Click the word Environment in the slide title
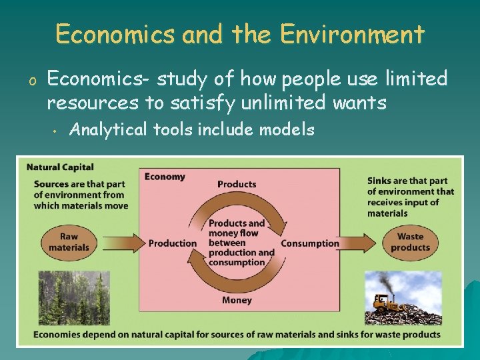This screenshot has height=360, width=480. pyautogui.click(x=351, y=34)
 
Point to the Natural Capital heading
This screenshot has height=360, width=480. pyautogui.click(x=60, y=167)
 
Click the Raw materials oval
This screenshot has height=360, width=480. pyautogui.click(x=69, y=242)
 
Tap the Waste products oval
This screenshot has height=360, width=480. pyautogui.click(x=410, y=242)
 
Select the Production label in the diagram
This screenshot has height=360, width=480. pyautogui.click(x=173, y=243)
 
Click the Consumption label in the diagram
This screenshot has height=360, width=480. pyautogui.click(x=310, y=243)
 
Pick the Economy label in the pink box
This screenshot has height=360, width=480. pyautogui.click(x=165, y=177)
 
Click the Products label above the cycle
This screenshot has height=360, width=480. pyautogui.click(x=237, y=184)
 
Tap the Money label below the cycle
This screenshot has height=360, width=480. pyautogui.click(x=237, y=301)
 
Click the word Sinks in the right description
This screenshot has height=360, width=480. pyautogui.click(x=379, y=181)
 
